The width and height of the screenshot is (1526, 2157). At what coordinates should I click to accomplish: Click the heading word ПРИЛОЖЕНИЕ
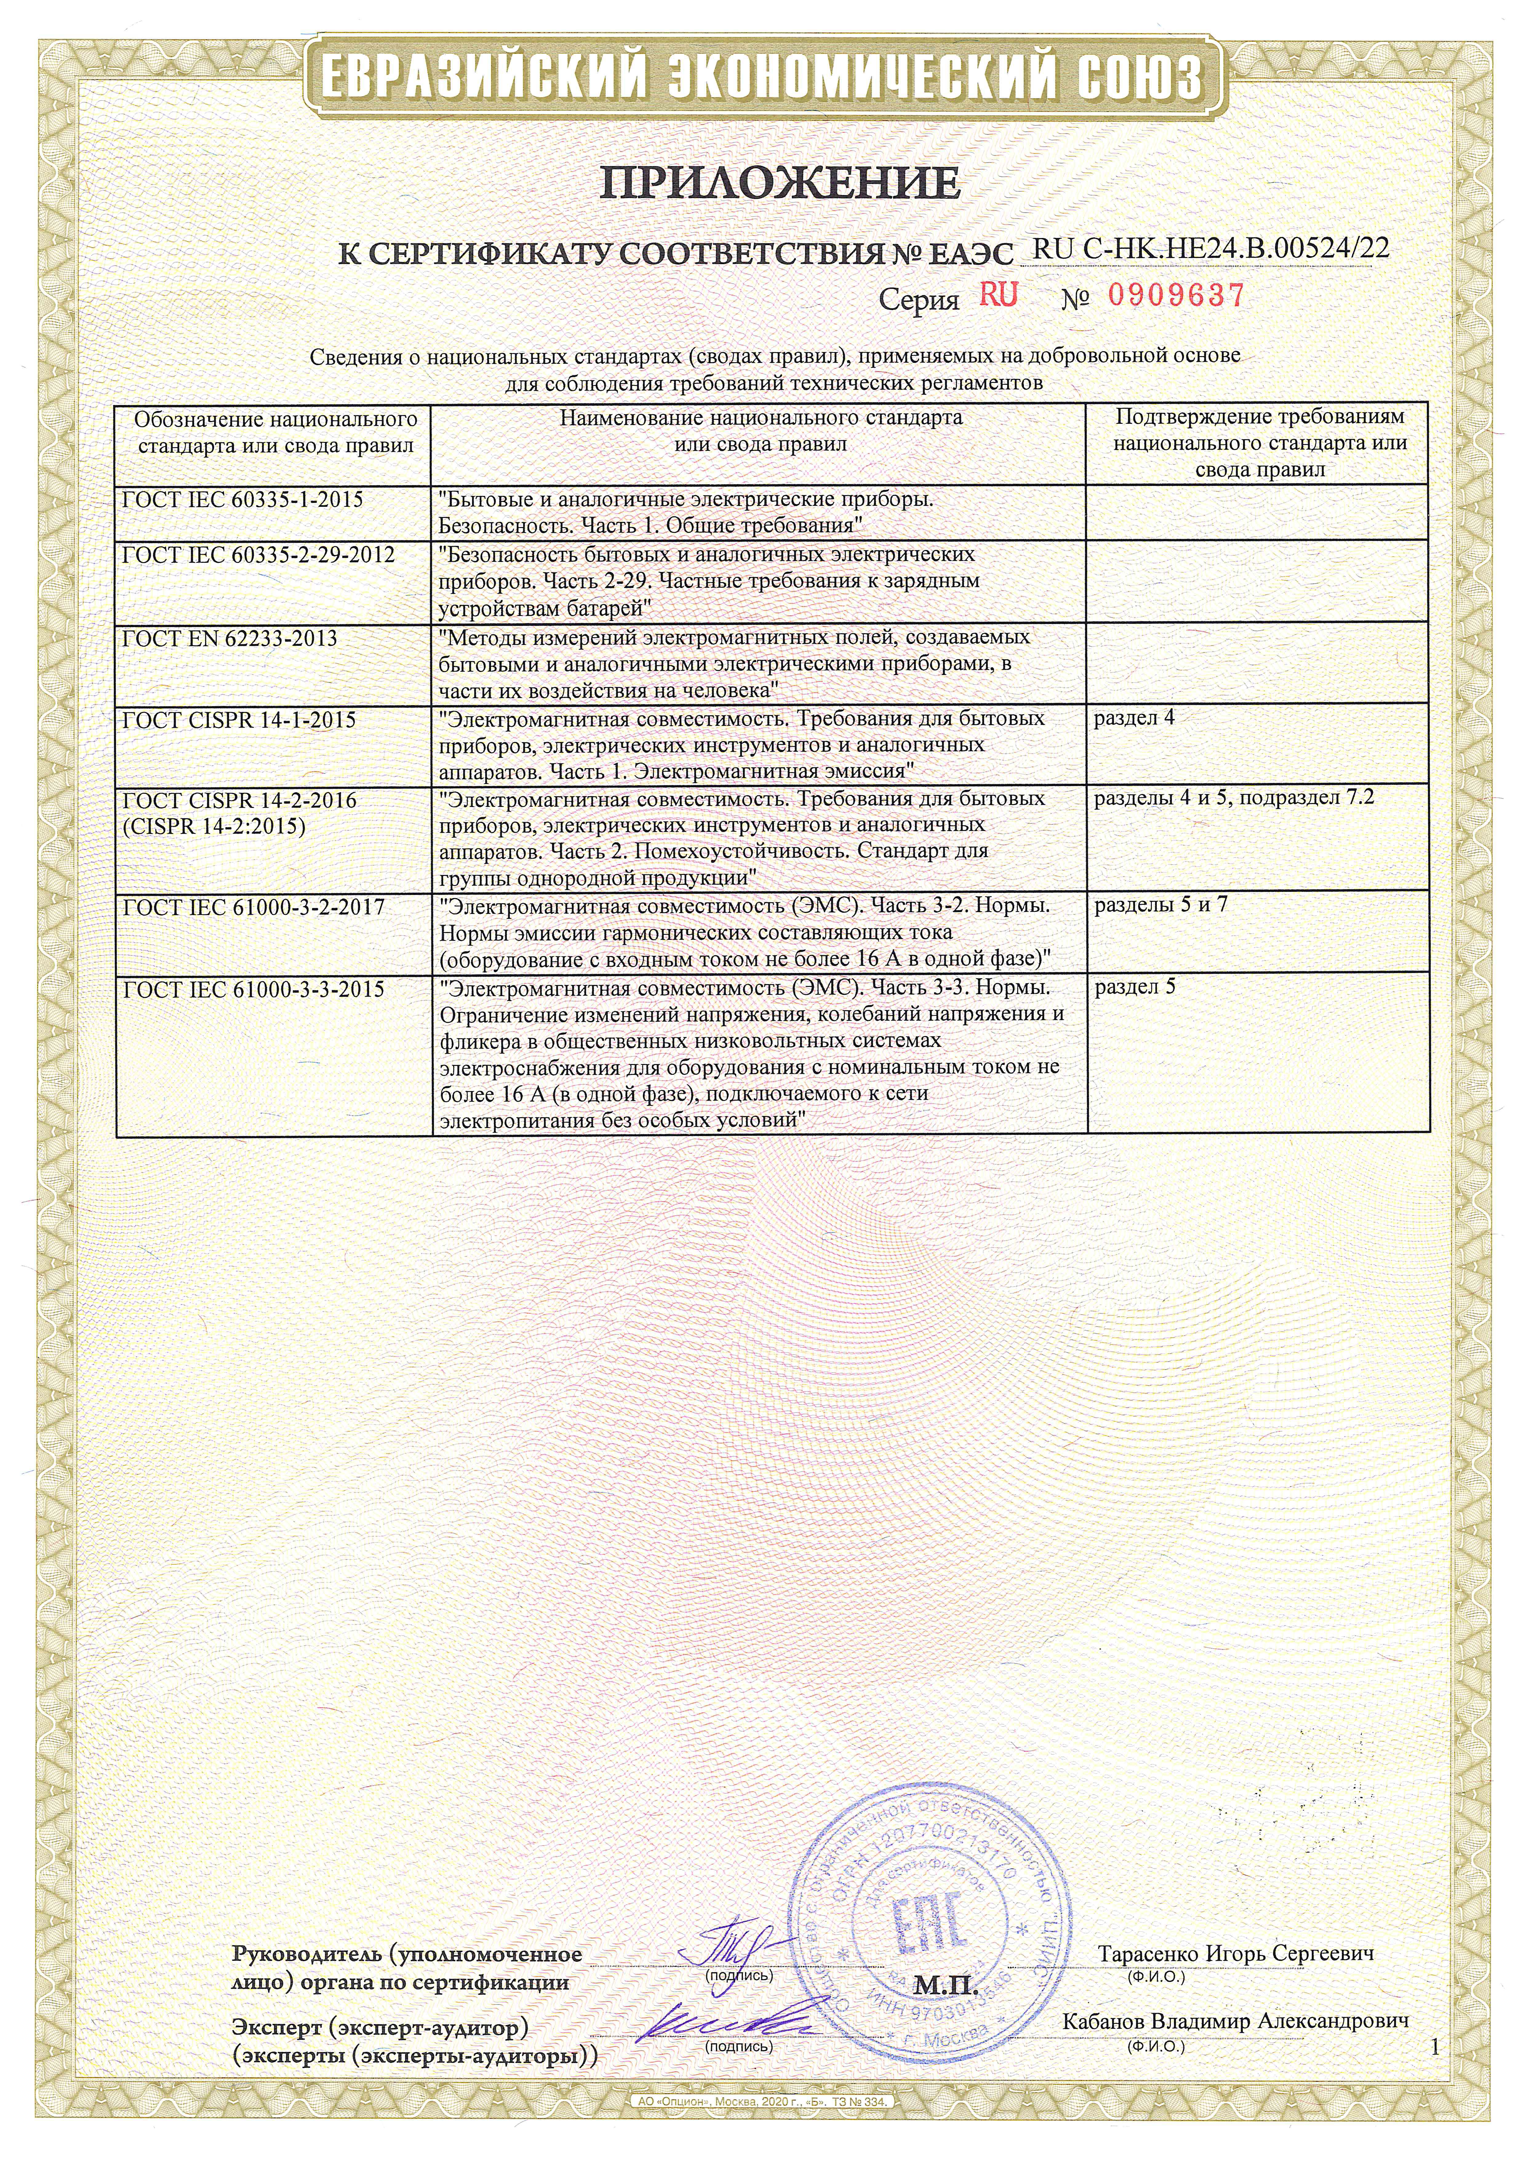tap(780, 183)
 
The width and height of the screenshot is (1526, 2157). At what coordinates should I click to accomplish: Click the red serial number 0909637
tap(1176, 296)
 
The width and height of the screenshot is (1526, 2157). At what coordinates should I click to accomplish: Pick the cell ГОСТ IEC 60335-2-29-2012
tap(258, 555)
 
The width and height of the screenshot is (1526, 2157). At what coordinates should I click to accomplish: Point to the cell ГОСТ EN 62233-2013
tap(230, 639)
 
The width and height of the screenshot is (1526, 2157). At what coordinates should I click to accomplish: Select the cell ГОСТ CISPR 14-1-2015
tap(240, 721)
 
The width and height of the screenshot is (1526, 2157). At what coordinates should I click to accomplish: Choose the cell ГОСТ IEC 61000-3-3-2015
tap(254, 989)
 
